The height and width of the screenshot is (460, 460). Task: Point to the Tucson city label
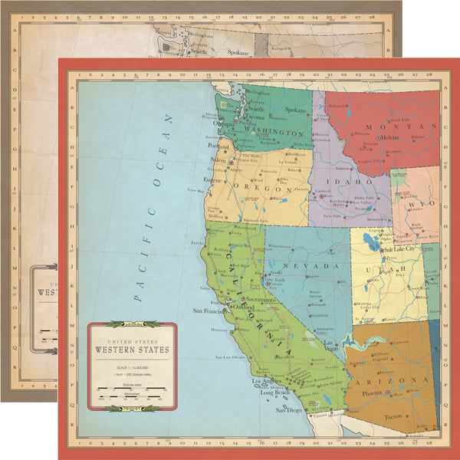coord(393,416)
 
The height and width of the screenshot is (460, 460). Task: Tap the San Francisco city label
coord(209,312)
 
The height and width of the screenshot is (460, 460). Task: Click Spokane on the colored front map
coord(296,110)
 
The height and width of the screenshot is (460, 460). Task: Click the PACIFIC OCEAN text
coord(149,208)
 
